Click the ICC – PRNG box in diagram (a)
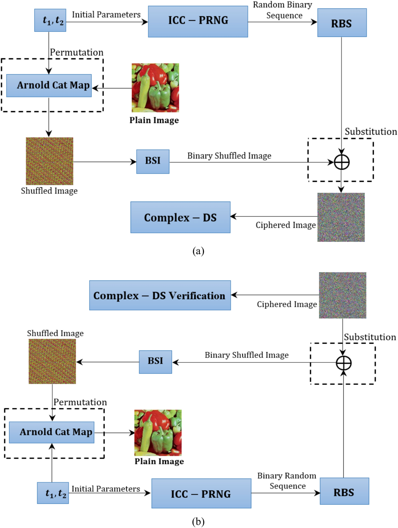[x=198, y=22]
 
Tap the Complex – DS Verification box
[x=160, y=295]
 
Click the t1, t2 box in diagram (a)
[x=50, y=20]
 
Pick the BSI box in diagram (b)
[x=155, y=362]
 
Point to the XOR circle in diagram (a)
[x=341, y=162]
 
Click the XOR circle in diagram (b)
[x=344, y=363]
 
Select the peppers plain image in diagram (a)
[x=155, y=88]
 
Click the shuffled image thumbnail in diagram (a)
[x=49, y=161]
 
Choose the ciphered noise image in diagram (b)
[x=343, y=295]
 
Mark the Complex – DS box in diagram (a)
[x=180, y=217]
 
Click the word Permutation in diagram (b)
[x=80, y=402]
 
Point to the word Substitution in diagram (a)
[x=371, y=131]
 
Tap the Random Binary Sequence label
[x=283, y=10]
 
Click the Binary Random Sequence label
[x=287, y=480]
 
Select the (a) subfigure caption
[x=198, y=251]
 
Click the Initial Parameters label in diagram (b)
[x=106, y=489]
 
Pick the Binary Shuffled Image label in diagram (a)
[x=229, y=156]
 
